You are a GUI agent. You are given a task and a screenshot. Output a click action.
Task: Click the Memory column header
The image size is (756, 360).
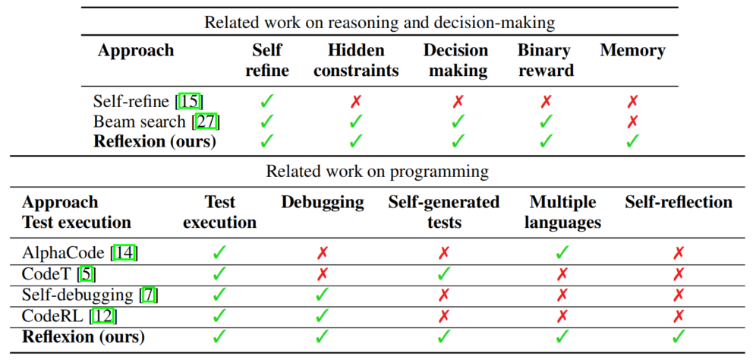coord(632,51)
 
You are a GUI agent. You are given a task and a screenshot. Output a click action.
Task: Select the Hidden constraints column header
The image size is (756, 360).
coord(356,61)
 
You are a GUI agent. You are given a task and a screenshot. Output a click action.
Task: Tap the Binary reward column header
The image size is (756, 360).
coord(544,61)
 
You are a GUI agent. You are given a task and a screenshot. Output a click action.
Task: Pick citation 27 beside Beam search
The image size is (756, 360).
coord(207,122)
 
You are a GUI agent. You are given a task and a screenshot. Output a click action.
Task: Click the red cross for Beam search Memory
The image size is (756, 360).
coord(632,122)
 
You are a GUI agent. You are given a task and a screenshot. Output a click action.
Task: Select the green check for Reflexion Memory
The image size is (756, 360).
coord(632,141)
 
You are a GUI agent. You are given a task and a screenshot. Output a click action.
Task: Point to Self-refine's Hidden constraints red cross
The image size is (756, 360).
coord(356,102)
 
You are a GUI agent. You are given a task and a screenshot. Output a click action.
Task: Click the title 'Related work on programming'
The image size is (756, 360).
coord(377,172)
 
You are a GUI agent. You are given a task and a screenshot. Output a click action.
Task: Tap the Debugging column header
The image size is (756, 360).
coord(323,203)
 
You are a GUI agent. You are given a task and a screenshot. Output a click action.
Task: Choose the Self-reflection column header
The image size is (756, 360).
coord(679,202)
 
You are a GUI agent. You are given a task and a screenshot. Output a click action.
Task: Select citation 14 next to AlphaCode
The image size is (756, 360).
coord(124,253)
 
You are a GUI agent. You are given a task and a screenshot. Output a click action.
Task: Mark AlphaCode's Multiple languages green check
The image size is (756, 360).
coord(562,253)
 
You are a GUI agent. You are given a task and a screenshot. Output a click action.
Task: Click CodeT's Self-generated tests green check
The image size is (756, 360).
coord(443,274)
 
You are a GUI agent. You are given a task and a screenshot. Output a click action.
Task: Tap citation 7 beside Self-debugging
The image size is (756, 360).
coord(150,295)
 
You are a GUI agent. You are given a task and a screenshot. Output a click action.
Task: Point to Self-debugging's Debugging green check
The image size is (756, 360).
coord(322,295)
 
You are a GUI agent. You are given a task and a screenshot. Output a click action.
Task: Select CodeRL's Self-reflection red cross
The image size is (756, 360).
coord(679,316)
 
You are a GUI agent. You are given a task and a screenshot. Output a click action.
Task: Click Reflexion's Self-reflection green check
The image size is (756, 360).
coord(679,337)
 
